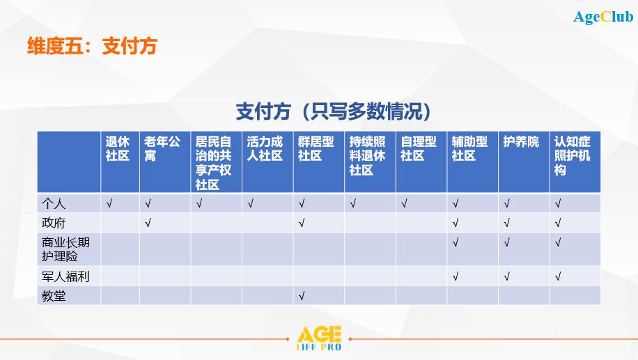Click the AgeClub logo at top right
(603, 17)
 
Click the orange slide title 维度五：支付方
(92, 45)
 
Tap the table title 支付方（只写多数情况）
(333, 111)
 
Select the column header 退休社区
(118, 148)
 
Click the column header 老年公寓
(162, 148)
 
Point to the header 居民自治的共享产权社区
(213, 163)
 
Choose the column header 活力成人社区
(265, 148)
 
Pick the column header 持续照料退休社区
(368, 156)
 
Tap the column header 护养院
(521, 141)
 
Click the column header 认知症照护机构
(572, 156)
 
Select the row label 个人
(54, 203)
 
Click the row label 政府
(54, 223)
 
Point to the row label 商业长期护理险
(65, 249)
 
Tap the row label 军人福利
(65, 276)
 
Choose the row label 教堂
(54, 296)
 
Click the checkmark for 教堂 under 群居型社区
(302, 296)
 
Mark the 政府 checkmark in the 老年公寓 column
(148, 223)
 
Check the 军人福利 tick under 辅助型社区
(456, 276)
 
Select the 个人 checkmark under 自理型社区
(404, 203)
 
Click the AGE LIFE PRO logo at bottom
(319, 338)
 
